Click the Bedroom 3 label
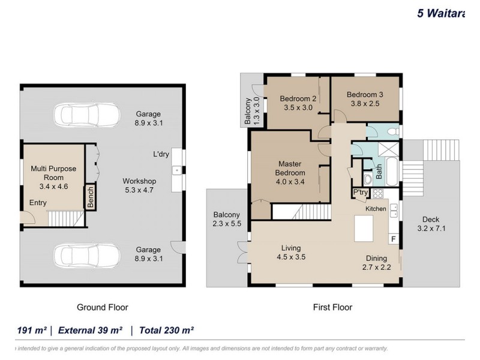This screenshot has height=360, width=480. tap(365, 95)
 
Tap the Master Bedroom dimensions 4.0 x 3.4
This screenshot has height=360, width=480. tap(290, 182)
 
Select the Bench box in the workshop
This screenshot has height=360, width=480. tap(91, 197)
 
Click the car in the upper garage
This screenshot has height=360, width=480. tap(87, 115)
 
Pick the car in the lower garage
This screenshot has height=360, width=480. tap(86, 256)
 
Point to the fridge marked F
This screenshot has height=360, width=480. tap(394, 239)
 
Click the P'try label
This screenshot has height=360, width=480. tap(361, 192)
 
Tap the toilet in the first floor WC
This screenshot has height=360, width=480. tap(393, 131)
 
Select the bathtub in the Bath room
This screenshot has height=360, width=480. tap(392, 172)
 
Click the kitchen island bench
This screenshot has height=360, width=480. tap(364, 229)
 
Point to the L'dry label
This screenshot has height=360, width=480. tap(161, 154)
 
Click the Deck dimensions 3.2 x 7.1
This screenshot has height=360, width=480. tap(431, 229)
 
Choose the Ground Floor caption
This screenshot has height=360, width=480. tap(102, 307)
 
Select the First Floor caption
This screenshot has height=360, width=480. tap(332, 307)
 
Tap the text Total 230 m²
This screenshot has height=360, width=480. tap(166, 331)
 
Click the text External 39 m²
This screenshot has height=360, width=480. tap(91, 331)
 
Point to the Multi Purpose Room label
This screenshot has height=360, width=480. tap(53, 173)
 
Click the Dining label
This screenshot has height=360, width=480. tap(377, 259)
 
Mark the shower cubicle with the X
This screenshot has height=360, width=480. tap(388, 149)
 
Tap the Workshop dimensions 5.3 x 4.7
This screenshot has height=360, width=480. tap(139, 190)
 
